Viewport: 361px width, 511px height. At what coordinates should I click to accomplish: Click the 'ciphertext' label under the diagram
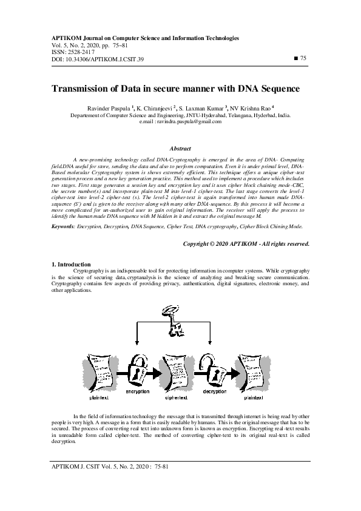click(177, 399)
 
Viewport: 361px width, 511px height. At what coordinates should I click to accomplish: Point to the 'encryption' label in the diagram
click(137, 391)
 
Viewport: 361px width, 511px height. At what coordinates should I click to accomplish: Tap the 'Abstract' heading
click(180, 148)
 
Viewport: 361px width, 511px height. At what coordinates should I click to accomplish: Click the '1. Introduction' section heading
click(71, 265)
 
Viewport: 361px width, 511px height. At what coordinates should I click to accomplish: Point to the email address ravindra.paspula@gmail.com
click(189, 121)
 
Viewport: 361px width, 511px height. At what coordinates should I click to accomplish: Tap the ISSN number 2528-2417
click(76, 52)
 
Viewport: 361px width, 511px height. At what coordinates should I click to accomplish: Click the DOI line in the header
click(97, 59)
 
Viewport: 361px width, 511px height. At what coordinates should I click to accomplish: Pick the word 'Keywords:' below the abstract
click(63, 226)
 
